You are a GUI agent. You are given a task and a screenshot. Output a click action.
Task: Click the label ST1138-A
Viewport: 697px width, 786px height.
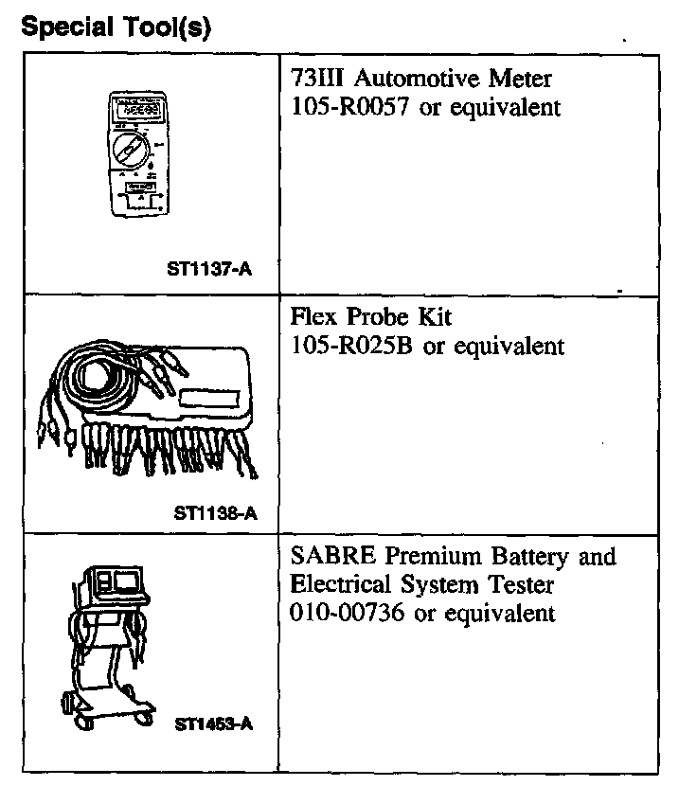click(x=214, y=514)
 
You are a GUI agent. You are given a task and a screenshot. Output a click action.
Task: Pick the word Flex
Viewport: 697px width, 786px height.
click(x=313, y=317)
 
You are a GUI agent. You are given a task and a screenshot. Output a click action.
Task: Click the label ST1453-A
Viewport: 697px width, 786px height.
click(x=214, y=724)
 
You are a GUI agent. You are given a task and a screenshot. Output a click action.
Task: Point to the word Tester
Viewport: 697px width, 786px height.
click(x=521, y=584)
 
